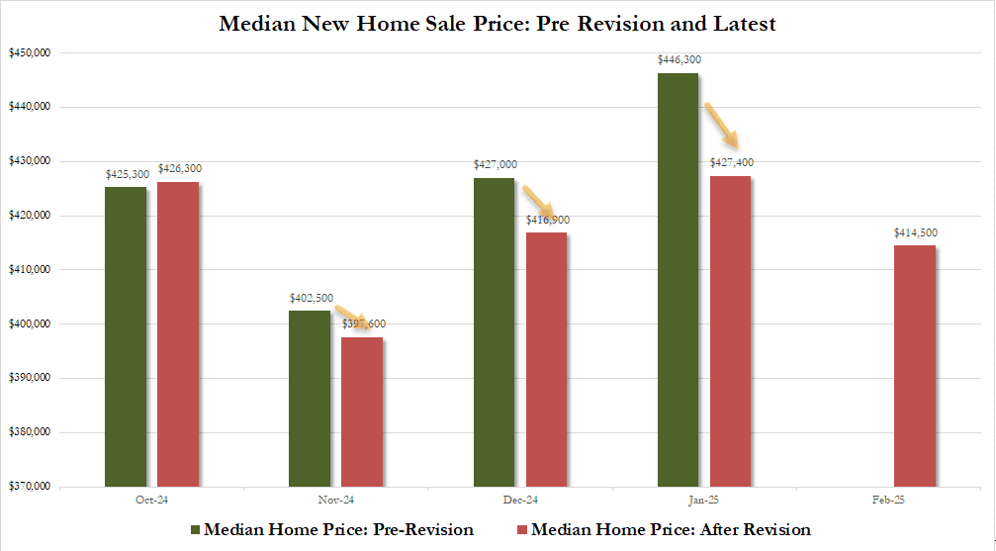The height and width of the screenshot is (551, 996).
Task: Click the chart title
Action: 498,23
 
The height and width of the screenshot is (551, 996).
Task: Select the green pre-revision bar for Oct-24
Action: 125,336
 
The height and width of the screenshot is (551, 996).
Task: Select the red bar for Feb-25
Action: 915,366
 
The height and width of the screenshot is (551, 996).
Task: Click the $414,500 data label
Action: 915,232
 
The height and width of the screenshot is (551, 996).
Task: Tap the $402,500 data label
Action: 310,298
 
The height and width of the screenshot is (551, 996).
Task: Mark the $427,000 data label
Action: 494,165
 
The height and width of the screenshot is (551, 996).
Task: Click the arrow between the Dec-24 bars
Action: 540,198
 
